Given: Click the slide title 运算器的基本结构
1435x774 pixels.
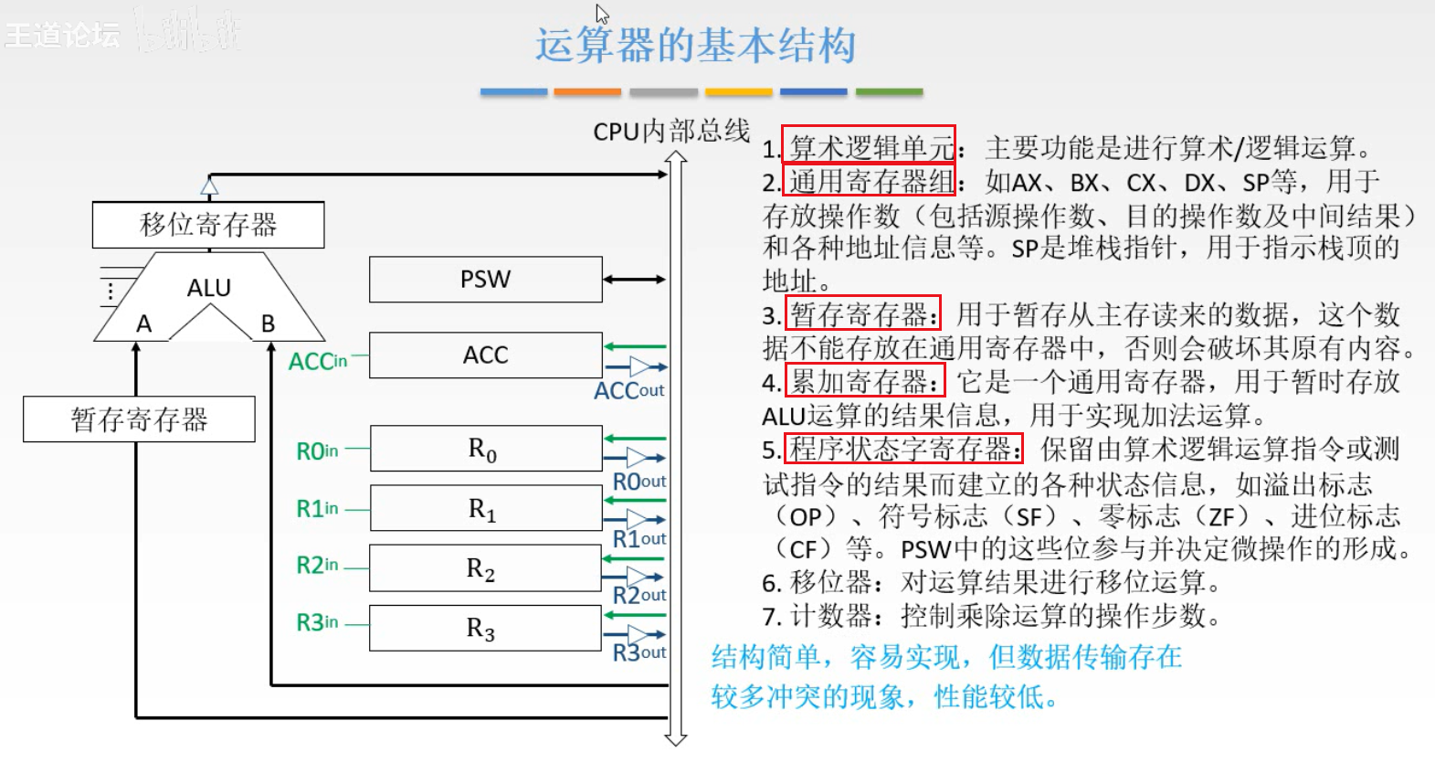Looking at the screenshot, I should click(695, 46).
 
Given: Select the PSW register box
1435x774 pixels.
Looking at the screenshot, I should click(485, 280).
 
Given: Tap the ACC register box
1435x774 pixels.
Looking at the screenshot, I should click(485, 355).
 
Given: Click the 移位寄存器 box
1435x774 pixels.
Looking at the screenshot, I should click(208, 225).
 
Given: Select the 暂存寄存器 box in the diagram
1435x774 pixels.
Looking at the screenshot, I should click(139, 419).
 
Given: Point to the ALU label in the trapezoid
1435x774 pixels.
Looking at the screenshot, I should click(209, 288).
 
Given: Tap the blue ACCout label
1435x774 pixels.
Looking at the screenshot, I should click(628, 391).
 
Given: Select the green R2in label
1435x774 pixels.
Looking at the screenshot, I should click(317, 566).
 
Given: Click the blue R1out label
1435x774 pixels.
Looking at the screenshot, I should click(638, 539).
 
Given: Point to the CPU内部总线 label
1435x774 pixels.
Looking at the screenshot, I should click(671, 132).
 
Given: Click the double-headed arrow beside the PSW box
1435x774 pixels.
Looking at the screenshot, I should click(634, 280).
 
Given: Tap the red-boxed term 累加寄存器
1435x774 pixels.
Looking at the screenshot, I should click(863, 382).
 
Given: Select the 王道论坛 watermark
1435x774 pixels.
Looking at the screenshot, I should click(62, 35).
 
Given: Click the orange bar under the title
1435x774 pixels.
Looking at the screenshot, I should click(587, 92).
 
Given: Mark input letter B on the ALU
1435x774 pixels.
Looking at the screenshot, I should click(268, 323).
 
